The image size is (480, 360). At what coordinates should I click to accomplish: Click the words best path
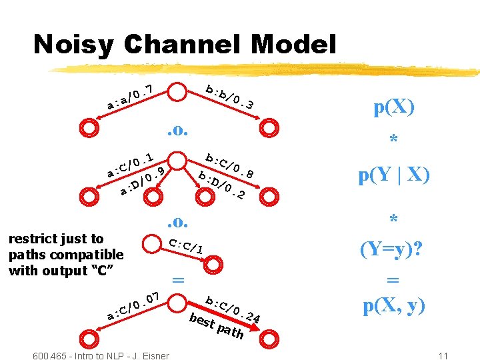pyautogui.click(x=216, y=325)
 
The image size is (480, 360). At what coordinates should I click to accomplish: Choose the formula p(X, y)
pyautogui.click(x=394, y=306)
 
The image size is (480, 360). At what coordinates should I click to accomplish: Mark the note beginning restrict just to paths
pyautogui.click(x=65, y=255)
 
